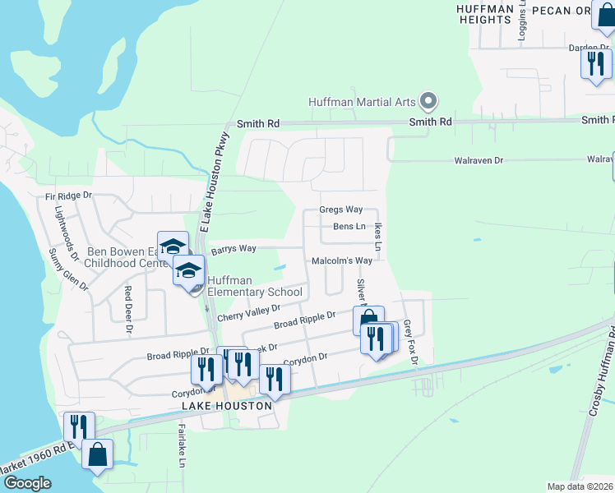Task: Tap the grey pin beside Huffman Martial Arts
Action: pyautogui.click(x=428, y=102)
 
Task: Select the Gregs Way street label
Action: pyautogui.click(x=341, y=210)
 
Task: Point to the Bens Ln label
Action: pyautogui.click(x=349, y=226)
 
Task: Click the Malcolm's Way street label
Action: pyautogui.click(x=342, y=260)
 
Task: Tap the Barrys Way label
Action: pyautogui.click(x=234, y=248)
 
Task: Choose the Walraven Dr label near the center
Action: pyautogui.click(x=479, y=160)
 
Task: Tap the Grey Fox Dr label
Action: pyautogui.click(x=411, y=343)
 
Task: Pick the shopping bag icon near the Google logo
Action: pyautogui.click(x=97, y=454)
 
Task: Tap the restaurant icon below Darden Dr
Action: pyautogui.click(x=596, y=64)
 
